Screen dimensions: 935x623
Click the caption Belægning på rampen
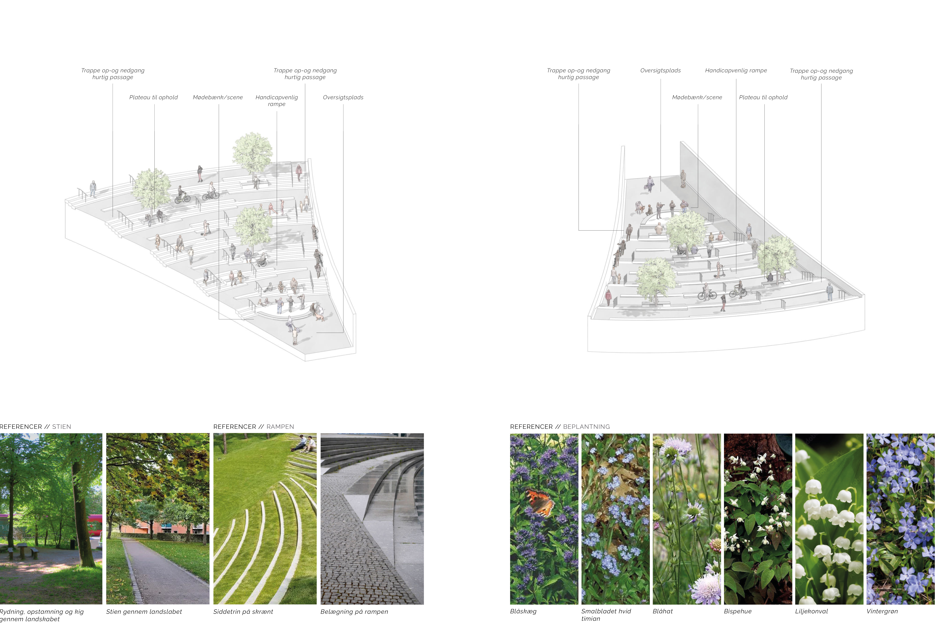354,612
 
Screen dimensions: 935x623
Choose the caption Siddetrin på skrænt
243,612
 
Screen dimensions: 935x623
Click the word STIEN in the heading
62,427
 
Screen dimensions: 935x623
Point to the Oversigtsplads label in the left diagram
343,97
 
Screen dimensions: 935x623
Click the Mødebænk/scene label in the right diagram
697,97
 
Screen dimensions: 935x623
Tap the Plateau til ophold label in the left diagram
153,97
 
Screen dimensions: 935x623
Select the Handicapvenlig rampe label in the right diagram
736,70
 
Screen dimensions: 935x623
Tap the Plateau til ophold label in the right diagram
763,97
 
